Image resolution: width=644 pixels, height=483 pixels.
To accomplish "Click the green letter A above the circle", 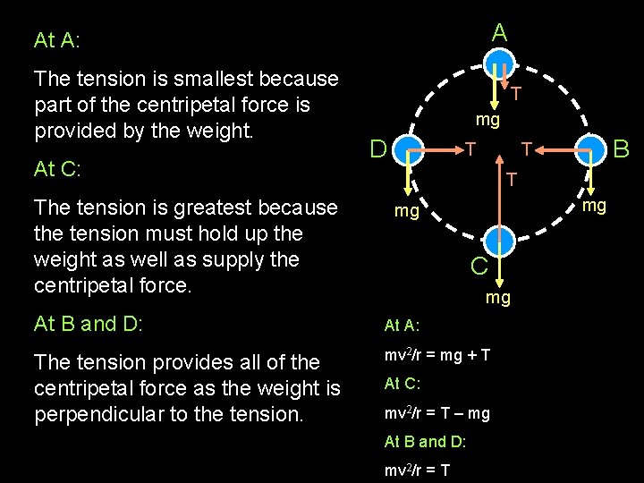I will pos(500,33).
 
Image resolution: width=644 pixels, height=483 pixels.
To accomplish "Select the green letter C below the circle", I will pos(479,265).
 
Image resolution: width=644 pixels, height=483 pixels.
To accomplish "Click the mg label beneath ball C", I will pos(498,298).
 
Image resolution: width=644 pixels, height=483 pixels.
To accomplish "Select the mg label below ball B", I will pos(595,206).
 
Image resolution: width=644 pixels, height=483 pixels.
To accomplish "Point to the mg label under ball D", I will pos(407,211).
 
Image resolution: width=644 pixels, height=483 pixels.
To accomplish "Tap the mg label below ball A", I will pos(487,118).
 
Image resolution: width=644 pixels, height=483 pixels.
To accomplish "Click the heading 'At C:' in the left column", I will pos(57,169).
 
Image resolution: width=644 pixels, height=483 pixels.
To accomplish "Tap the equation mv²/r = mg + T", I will pos(436,355).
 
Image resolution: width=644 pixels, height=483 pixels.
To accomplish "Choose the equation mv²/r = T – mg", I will pos(436,413).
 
